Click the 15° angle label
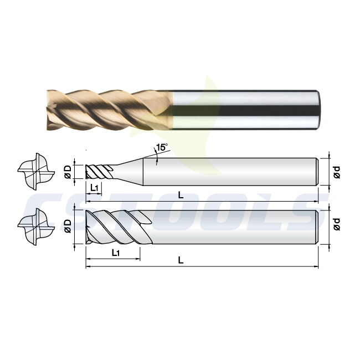click(162, 147)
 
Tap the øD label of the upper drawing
click(68, 172)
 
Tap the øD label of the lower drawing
click(68, 226)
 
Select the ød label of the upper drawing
click(337, 172)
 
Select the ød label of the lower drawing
click(337, 224)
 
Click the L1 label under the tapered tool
click(94, 188)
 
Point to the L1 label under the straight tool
click(116, 253)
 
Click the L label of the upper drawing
click(181, 196)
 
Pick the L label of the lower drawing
click(181, 260)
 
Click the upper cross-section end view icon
click(36, 172)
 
